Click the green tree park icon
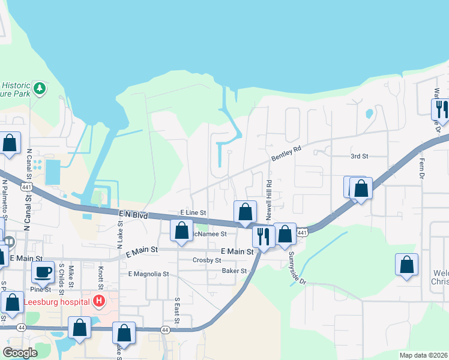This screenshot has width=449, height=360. point(40,89)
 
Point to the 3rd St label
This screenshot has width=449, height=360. point(359,156)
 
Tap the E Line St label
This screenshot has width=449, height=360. point(193,213)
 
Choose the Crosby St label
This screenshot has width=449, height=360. point(207,260)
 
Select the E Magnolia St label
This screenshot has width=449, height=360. point(148,274)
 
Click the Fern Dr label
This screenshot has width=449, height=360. point(421,169)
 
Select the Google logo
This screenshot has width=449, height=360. point(20,353)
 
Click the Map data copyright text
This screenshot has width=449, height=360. point(424,355)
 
